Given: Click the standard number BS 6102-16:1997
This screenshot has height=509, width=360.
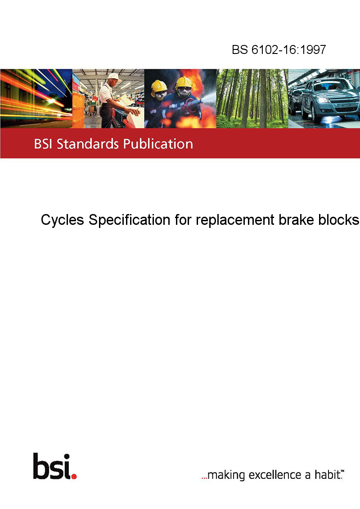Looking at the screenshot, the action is pos(279,49).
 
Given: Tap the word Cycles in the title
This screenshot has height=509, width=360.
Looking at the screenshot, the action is pos(63,220).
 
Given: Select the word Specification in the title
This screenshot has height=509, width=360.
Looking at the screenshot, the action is pos(129,220).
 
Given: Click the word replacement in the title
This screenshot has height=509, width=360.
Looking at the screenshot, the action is pos(235,220).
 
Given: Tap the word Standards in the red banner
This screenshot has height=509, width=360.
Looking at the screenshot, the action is pos(88,144).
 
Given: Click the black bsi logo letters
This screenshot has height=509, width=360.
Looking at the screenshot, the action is pos(52,466).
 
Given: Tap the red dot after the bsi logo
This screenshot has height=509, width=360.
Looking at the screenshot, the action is pos(74,476).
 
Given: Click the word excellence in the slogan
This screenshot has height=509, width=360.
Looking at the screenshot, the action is pos(275,475).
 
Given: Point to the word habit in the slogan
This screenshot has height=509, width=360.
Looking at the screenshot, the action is pos(327,474).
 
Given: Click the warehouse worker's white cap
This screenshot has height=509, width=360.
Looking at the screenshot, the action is pos(114,76).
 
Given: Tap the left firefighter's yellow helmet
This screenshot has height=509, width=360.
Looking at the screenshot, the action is pos(159,86).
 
